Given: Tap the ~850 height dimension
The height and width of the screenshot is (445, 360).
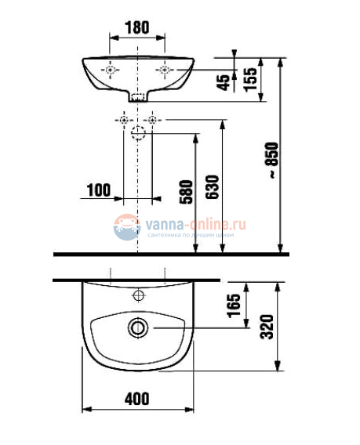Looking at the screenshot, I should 272,165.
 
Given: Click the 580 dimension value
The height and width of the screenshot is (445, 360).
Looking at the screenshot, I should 186,191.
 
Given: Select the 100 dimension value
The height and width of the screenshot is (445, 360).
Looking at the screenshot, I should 99,189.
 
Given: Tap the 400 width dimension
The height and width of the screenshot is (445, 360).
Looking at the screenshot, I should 136,398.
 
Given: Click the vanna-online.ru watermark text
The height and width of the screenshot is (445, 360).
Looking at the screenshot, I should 195,222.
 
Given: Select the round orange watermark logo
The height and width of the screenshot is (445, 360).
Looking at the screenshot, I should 126,227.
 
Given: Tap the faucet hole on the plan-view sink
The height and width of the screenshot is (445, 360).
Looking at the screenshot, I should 139,295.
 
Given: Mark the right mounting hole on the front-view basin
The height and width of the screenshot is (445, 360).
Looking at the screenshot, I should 165,71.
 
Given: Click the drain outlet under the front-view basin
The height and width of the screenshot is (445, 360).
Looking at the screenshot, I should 138,99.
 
